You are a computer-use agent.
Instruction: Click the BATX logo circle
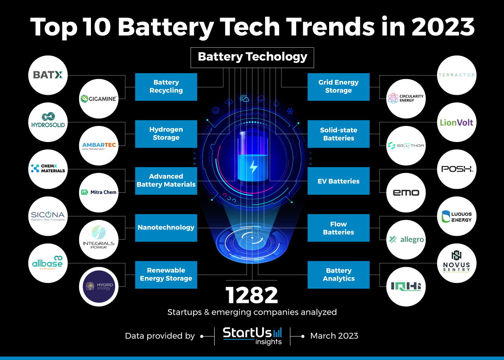48,75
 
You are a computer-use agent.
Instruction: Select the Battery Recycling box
166,87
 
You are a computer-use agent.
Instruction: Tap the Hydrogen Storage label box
166,134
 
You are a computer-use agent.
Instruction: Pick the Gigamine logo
99,99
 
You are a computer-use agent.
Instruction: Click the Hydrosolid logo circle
48,122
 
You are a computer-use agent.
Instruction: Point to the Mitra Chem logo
99,192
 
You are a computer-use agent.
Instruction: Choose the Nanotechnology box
166,227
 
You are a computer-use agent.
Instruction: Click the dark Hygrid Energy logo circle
99,286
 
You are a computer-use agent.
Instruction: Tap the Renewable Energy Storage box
166,275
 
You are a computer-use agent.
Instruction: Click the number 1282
252,295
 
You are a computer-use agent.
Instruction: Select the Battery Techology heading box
252,57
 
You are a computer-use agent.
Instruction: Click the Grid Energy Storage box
338,87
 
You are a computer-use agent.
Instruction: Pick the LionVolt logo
457,122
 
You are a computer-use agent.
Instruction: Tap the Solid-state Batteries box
338,134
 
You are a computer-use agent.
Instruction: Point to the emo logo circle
406,192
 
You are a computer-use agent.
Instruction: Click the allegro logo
406,240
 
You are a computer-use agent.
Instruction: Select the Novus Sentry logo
457,263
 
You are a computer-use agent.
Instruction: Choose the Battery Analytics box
338,275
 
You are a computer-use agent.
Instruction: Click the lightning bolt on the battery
253,167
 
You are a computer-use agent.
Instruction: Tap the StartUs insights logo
252,336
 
